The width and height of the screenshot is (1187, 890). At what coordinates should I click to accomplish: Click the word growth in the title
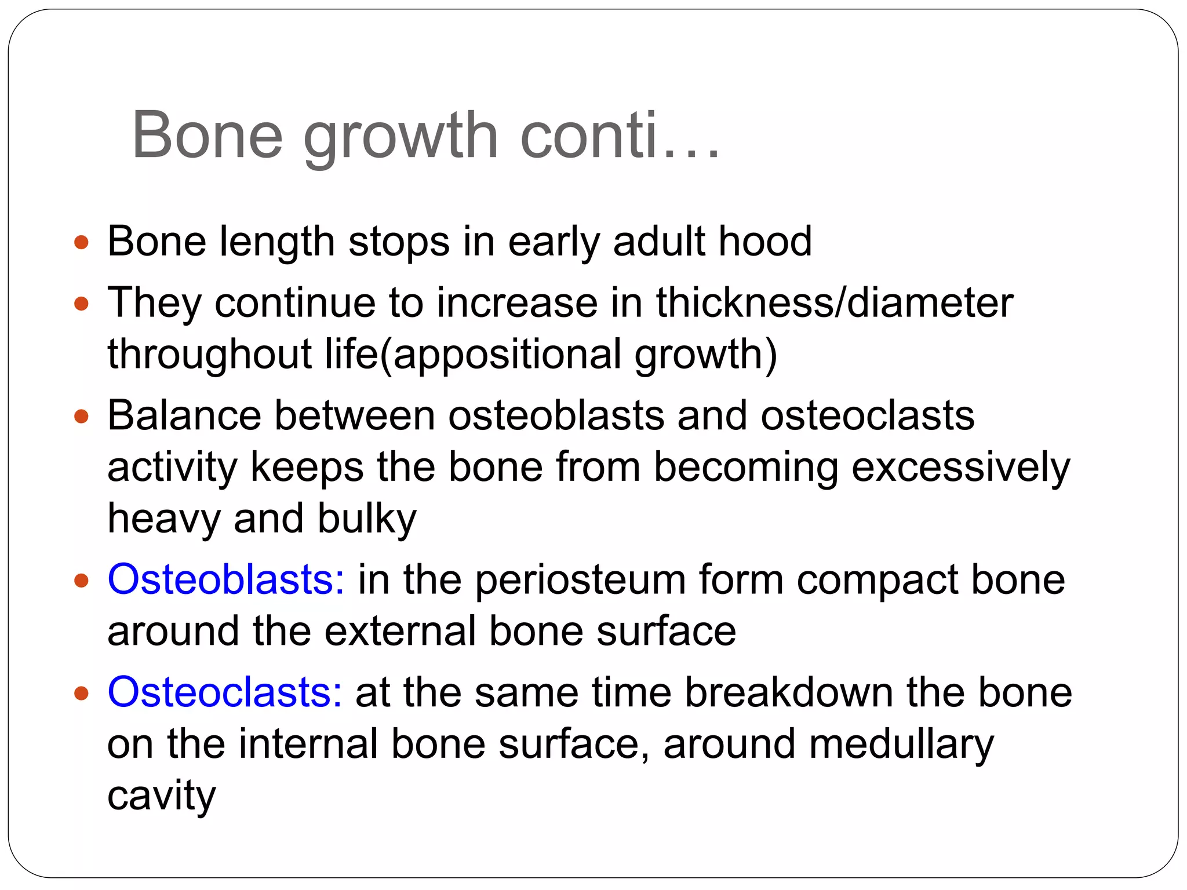click(x=400, y=137)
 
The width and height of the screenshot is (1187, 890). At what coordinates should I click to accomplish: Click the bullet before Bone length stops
click(x=82, y=242)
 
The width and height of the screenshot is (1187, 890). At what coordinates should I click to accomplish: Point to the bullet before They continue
click(x=82, y=304)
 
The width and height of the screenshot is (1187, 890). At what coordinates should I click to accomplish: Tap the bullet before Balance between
click(x=82, y=416)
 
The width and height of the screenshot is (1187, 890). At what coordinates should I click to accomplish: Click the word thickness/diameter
click(x=835, y=304)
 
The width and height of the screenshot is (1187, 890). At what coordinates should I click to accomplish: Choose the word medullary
click(x=901, y=745)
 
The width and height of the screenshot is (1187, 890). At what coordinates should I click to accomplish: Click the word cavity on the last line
click(x=161, y=796)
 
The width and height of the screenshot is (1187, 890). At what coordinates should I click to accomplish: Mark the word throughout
click(x=209, y=355)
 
